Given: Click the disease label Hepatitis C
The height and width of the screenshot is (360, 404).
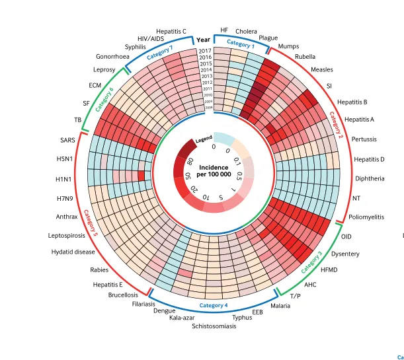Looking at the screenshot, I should (171, 31).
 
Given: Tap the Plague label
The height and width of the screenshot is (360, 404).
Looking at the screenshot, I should (268, 38).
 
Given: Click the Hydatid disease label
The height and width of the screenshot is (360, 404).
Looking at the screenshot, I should (73, 252).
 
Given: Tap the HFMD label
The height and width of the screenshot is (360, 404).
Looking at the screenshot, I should (328, 270).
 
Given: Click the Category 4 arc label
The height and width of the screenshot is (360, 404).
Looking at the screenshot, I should (213, 305).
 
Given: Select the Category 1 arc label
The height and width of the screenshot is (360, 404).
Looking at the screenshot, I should (240, 44).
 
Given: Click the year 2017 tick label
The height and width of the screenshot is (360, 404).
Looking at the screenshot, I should (204, 51).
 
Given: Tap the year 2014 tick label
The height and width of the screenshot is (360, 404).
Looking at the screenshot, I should (206, 69).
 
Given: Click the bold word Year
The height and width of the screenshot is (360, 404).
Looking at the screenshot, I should (204, 40).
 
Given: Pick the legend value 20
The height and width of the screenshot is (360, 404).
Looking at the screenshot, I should (194, 189).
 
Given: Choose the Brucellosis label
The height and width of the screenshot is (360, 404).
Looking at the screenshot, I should (123, 295).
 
